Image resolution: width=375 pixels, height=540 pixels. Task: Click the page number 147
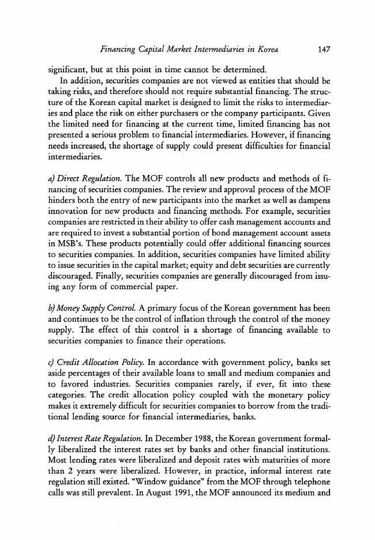pyautogui.click(x=323, y=50)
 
